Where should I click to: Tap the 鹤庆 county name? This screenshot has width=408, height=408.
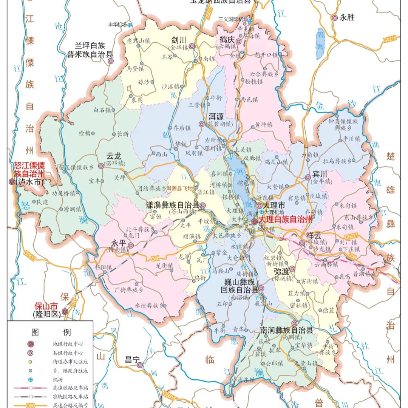(227, 39)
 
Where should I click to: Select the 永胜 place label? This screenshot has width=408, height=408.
(347, 17)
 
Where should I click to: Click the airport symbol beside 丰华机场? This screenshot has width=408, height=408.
(130, 25)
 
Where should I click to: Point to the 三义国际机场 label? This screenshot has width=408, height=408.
(233, 19)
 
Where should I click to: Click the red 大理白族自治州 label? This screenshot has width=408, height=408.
(286, 219)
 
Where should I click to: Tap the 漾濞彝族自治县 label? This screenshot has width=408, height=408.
(172, 205)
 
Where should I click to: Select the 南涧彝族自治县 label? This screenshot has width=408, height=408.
(286, 331)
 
